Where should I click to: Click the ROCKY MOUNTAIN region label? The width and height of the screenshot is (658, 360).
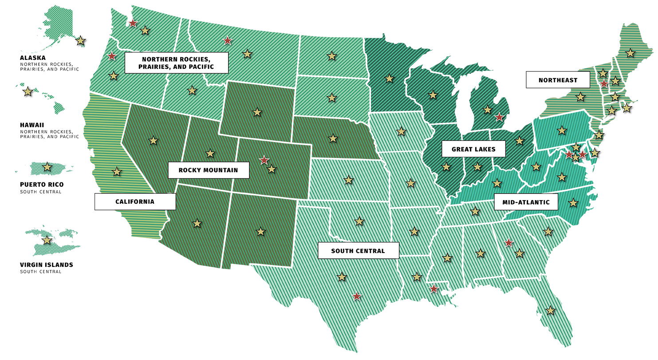coord(209,170)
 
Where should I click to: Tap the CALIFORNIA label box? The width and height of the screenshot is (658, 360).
coord(135,202)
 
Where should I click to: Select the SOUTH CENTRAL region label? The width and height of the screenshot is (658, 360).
coord(358,251)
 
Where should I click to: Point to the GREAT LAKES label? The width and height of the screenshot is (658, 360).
coord(473,149)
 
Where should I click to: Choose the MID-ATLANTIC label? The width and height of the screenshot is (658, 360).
coord(526,202)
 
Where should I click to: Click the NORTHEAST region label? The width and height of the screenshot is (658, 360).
coord(558,80)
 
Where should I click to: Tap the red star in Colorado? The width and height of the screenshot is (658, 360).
coord(264,160)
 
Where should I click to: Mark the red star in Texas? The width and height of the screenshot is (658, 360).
coord(357,296)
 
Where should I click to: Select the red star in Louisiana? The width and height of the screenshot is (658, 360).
coord(434,289)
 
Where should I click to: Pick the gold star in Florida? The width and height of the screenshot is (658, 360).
coord(551,310)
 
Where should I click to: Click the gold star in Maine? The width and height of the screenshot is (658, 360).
coord(630,53)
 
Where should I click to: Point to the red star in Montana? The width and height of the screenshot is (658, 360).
coord(228,40)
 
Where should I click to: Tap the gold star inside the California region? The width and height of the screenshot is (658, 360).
coord(116,171)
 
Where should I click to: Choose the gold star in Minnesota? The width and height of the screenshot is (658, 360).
coord(389,79)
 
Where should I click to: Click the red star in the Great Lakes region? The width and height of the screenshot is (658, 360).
coord(499,117)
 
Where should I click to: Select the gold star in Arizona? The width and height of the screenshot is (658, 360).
coord(197,223)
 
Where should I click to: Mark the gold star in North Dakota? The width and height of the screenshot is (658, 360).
coord(332,56)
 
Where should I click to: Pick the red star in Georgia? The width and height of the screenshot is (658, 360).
coord(509,242)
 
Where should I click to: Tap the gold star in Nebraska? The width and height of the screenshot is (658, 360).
coord(333,138)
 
